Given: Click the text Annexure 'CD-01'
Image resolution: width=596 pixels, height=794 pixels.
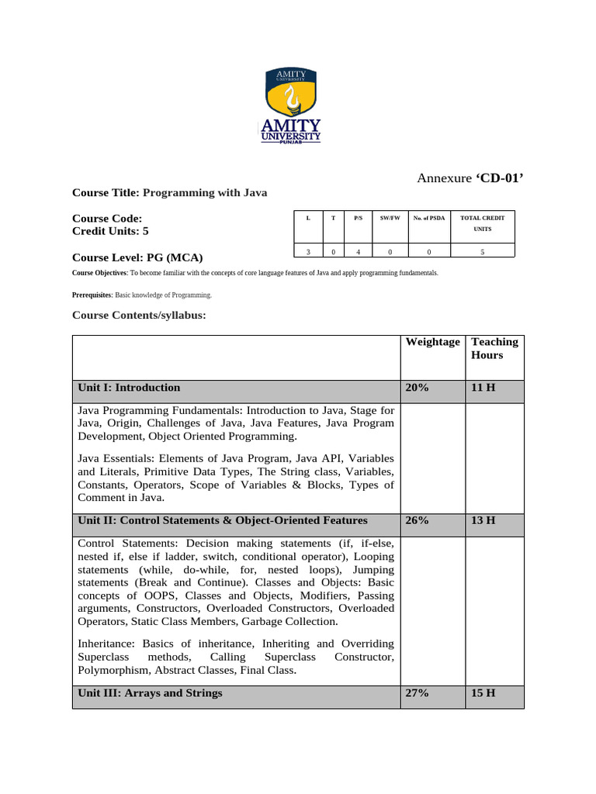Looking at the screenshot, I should (x=470, y=179).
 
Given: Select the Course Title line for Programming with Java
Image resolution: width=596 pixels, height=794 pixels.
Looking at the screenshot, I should (x=169, y=192).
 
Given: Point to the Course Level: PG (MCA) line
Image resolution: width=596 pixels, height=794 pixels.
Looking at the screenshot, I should (x=137, y=257).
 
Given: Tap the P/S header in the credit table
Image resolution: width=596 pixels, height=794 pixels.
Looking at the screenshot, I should (x=359, y=219).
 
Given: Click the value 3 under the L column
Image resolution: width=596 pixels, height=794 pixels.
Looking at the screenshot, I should (x=308, y=251).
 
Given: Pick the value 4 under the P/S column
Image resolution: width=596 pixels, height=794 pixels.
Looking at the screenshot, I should (x=359, y=251).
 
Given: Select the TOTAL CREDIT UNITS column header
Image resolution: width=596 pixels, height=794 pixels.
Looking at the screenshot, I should (x=483, y=224).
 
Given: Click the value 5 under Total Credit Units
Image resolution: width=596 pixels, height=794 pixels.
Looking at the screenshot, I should (x=483, y=251).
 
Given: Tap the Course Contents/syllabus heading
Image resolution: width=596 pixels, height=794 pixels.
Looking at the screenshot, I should (x=139, y=315).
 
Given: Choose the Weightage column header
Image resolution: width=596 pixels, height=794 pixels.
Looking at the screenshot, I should (x=431, y=342).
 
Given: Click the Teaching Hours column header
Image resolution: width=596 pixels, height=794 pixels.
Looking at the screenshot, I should (x=494, y=348).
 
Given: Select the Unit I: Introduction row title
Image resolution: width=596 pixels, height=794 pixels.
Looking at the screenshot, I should (x=129, y=388).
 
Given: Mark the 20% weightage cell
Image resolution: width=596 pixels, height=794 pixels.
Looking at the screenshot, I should (x=417, y=388).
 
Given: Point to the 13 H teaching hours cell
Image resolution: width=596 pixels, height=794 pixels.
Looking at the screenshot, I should (x=483, y=520).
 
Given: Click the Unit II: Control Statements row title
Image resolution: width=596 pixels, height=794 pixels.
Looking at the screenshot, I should (x=223, y=520).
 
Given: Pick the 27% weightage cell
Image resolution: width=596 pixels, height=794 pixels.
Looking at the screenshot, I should (x=417, y=692).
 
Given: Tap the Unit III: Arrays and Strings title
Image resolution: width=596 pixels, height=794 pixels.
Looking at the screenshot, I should (x=150, y=692).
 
